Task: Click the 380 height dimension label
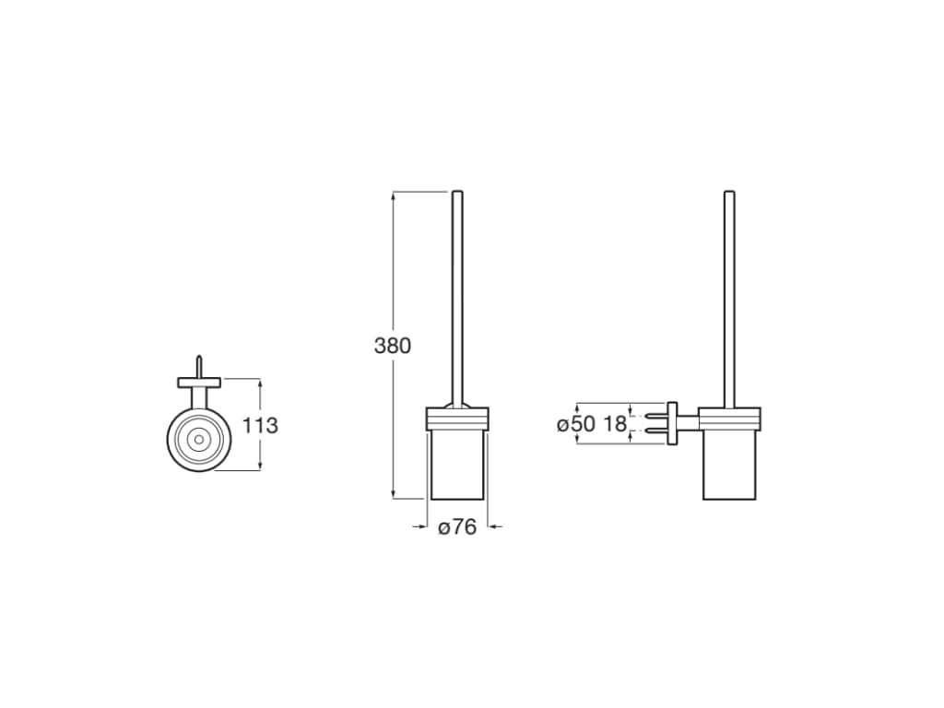pyautogui.click(x=392, y=347)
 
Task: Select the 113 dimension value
pyautogui.click(x=260, y=425)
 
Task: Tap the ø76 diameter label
pyautogui.click(x=457, y=527)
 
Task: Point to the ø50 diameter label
pyautogui.click(x=576, y=424)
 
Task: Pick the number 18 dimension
pyautogui.click(x=614, y=424)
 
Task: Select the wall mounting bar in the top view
pyautogui.click(x=198, y=382)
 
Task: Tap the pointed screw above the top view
pyautogui.click(x=197, y=365)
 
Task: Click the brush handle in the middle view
pyautogui.click(x=457, y=295)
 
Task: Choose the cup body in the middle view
pyautogui.click(x=458, y=466)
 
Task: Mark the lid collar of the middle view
pyautogui.click(x=458, y=419)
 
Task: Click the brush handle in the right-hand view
pyautogui.click(x=729, y=295)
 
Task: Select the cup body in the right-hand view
pyautogui.click(x=730, y=466)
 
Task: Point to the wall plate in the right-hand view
pyautogui.click(x=672, y=424)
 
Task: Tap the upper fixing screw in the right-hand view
pyautogui.click(x=655, y=416)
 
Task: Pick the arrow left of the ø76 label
pyautogui.click(x=421, y=526)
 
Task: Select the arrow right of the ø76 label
pyautogui.click(x=494, y=526)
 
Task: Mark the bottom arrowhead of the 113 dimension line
pyautogui.click(x=260, y=466)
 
